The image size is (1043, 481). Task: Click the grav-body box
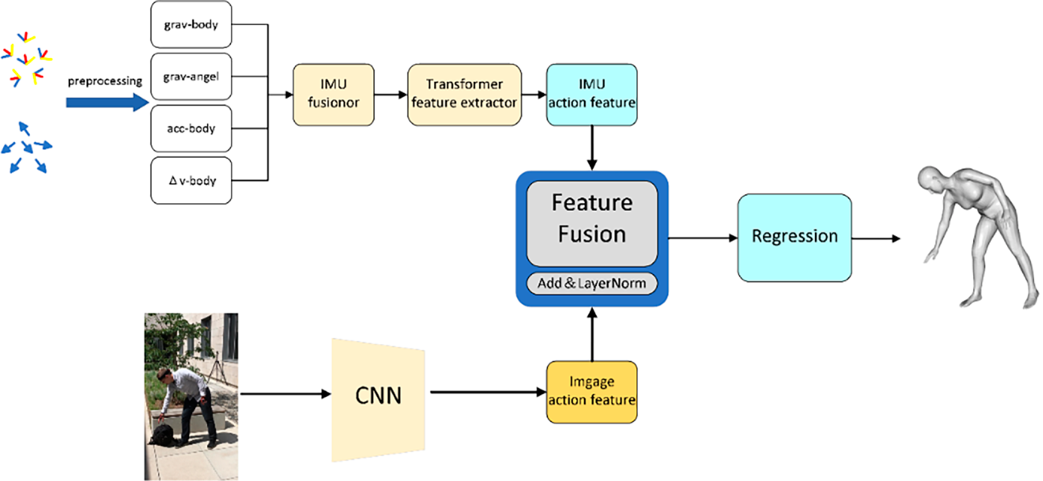click(x=191, y=24)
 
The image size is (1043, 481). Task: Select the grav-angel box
click(x=191, y=76)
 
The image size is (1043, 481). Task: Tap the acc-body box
click(x=191, y=128)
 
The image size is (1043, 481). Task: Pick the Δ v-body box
click(x=191, y=180)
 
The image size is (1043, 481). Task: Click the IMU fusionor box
click(x=334, y=95)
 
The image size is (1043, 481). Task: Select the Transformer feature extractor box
click(x=464, y=95)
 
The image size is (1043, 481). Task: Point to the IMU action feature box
click(x=592, y=95)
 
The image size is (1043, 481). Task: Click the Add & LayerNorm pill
click(x=592, y=283)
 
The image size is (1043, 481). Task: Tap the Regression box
click(x=794, y=238)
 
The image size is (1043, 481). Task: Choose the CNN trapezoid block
click(x=378, y=400)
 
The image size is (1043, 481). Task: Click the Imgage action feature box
click(x=592, y=392)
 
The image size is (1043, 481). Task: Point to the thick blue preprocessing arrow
click(x=107, y=102)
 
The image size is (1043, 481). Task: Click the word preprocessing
click(x=105, y=81)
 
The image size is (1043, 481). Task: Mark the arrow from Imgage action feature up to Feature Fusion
click(x=592, y=334)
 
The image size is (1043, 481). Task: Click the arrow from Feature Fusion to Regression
click(x=703, y=238)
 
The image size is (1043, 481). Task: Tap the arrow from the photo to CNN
click(x=285, y=394)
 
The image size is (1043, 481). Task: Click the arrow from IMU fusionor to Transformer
click(x=390, y=95)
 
